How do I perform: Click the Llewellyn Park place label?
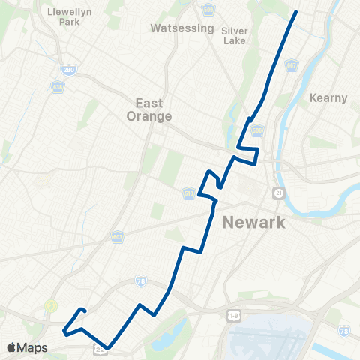coord(63,17)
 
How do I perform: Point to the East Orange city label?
coord(154,109)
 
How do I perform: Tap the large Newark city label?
coord(254,222)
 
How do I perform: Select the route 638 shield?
coord(58,87)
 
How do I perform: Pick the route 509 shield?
coord(208,9)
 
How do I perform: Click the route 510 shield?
coord(189,194)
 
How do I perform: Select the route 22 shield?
coord(100,349)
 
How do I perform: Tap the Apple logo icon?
coord(12,347)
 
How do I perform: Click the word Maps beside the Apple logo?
coord(34,348)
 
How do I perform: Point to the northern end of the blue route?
coord(296,12)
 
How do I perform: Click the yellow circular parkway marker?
coord(51,305)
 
